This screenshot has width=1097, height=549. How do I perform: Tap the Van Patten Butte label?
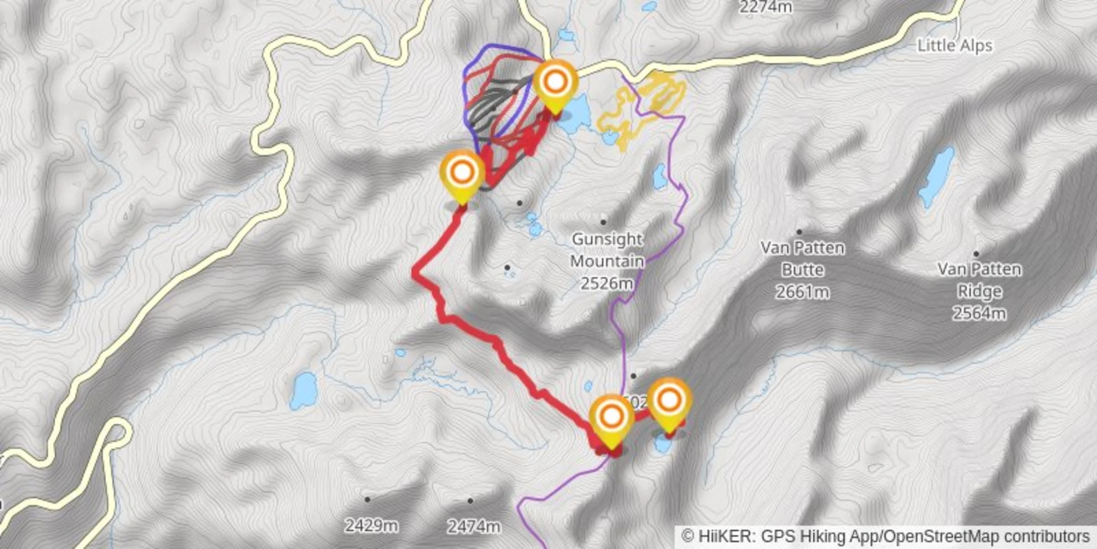click(x=802, y=258)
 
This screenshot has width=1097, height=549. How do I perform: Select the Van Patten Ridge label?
click(x=979, y=280)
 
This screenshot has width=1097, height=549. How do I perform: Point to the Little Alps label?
click(x=955, y=45)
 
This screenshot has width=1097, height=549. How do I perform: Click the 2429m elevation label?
click(x=371, y=525)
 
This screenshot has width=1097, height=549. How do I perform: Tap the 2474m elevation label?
click(x=474, y=526)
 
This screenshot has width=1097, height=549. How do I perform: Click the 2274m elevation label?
click(x=766, y=7)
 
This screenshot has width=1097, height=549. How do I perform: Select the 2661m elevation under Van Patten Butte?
click(x=802, y=292)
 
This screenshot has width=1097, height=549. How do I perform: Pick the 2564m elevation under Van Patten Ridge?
click(x=979, y=313)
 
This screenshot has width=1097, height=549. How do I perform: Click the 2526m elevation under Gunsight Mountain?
click(x=607, y=283)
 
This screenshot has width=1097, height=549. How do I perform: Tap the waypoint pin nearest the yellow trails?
click(x=555, y=83)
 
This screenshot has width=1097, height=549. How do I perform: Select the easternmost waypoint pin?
click(x=669, y=401)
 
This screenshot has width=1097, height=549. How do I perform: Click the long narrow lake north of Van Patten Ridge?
click(x=936, y=177)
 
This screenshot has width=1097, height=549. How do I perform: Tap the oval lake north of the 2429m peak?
click(x=304, y=390)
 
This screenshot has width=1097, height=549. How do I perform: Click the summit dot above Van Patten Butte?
click(x=799, y=232)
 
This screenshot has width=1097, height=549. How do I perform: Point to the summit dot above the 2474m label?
click(x=470, y=501)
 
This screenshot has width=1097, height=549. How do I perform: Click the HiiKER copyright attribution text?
click(x=885, y=537)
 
